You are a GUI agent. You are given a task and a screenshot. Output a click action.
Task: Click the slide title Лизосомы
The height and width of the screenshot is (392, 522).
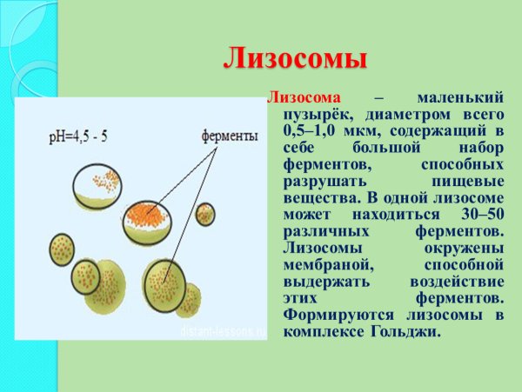point(295,59)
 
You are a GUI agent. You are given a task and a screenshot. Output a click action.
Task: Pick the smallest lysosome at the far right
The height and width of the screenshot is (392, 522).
point(205,213)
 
